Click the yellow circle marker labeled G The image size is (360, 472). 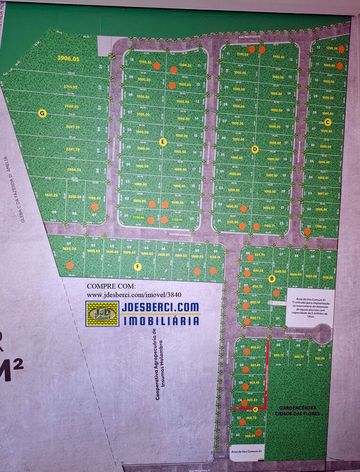tap(42, 113)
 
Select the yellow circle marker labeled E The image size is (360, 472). tap(163, 142)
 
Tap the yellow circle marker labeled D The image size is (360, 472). tap(255, 150)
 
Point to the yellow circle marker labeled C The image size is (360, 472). tap(328, 122)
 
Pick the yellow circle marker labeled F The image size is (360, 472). tap(138, 267)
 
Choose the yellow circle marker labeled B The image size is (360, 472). tap(272, 278)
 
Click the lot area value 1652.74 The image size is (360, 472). tap(69, 248)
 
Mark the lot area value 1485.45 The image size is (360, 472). tap(279, 57)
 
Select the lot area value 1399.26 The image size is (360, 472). tap(185, 65)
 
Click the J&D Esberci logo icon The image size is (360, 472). tap(102, 313)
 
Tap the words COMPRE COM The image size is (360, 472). tap(111, 287)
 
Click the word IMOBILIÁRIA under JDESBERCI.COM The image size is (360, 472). tap(160, 321)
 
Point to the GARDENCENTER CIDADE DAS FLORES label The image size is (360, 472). tap(297, 411)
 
